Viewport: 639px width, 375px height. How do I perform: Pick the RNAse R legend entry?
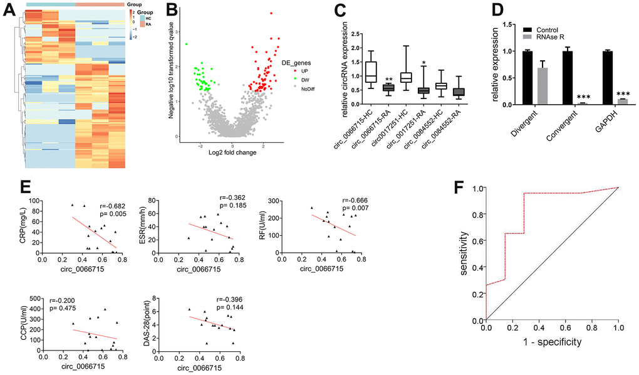tap(549, 37)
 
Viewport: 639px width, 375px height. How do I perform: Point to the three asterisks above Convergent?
tap(583, 98)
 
